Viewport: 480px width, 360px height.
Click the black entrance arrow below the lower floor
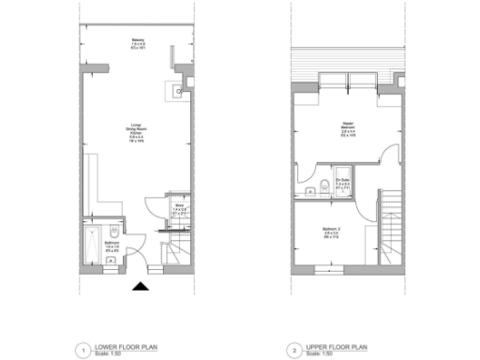(x=141, y=286)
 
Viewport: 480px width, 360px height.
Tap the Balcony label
(x=138, y=44)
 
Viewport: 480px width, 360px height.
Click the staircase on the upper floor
(x=389, y=230)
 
